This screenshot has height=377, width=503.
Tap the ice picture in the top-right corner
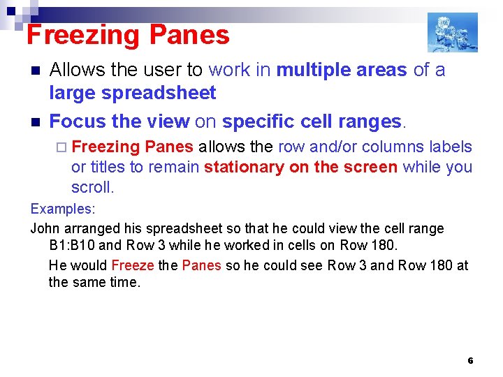(452, 32)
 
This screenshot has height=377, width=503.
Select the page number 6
(470, 361)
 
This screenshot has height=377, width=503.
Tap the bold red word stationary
(242, 168)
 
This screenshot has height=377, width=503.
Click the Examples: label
(63, 209)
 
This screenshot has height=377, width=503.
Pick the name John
(45, 229)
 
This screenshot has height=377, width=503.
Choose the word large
(73, 93)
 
